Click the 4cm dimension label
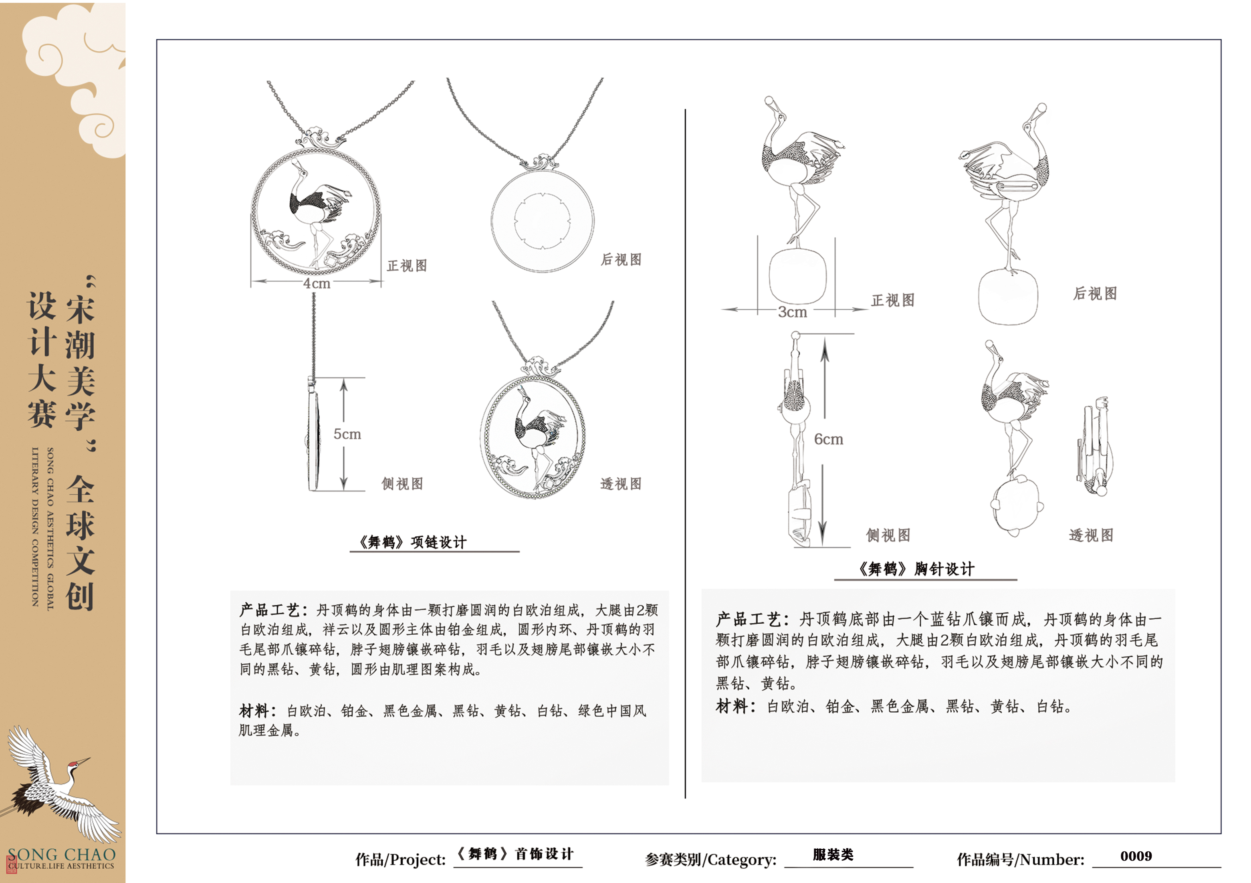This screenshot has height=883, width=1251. click(317, 283)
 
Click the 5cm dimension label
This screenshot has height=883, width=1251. click(347, 434)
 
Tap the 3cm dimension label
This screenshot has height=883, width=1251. click(792, 312)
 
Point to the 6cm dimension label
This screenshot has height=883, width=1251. click(828, 439)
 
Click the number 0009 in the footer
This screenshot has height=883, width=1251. click(1136, 856)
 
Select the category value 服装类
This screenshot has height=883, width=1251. click(833, 855)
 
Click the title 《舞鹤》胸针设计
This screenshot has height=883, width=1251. click(916, 569)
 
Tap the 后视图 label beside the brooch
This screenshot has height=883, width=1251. click(1095, 294)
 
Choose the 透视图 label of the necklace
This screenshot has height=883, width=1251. click(621, 484)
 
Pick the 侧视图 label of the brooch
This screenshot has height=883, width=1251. click(888, 535)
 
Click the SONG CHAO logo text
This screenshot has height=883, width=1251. click(62, 855)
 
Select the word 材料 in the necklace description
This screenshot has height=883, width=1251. click(254, 711)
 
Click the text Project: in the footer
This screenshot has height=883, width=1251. click(418, 860)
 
